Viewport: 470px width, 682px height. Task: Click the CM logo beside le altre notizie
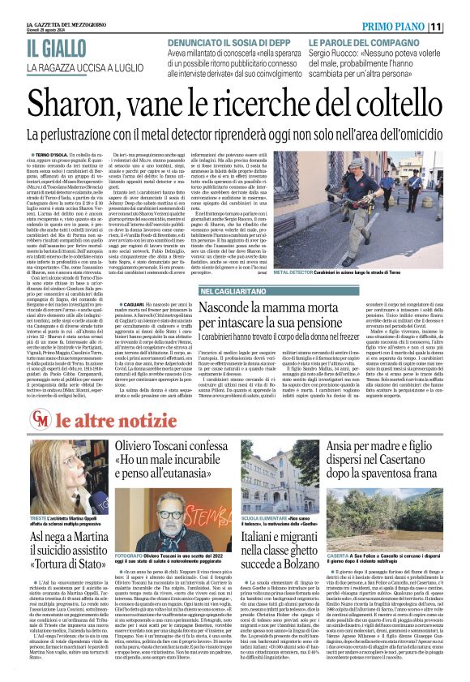pyautogui.click(x=40, y=419)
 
